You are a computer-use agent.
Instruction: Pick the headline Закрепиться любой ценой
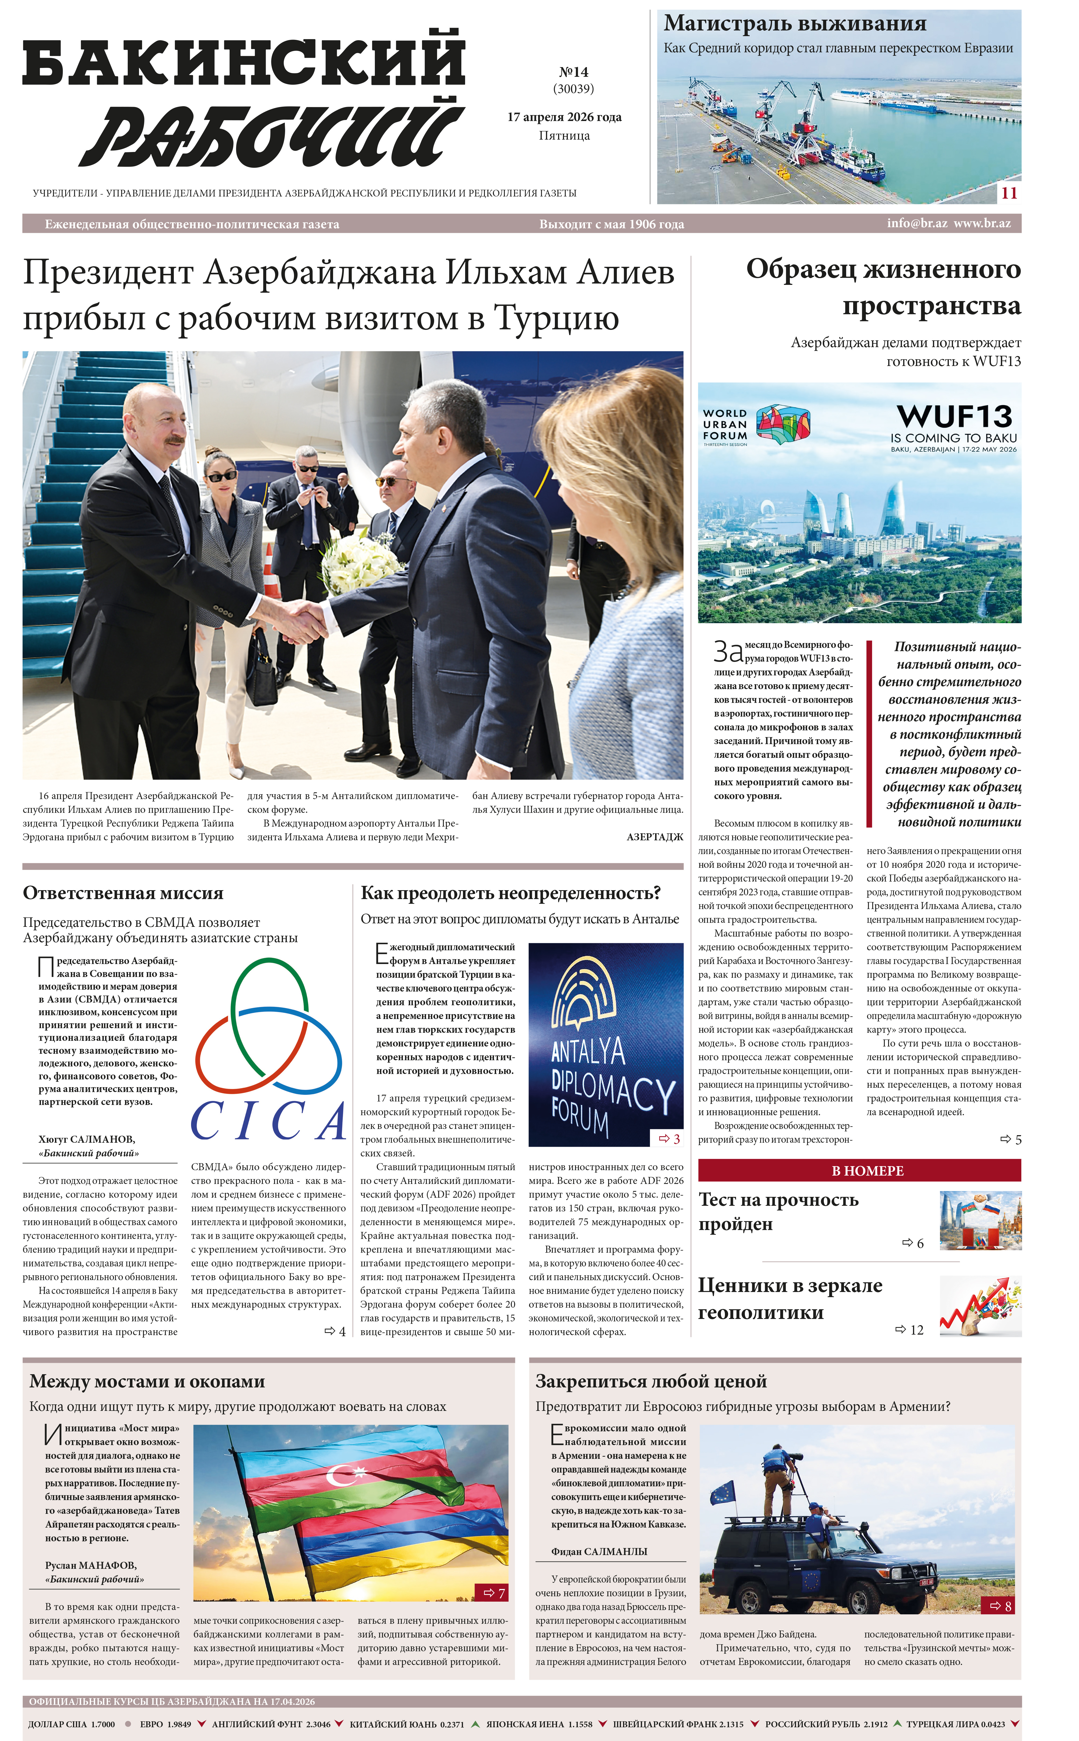pyautogui.click(x=651, y=1381)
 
